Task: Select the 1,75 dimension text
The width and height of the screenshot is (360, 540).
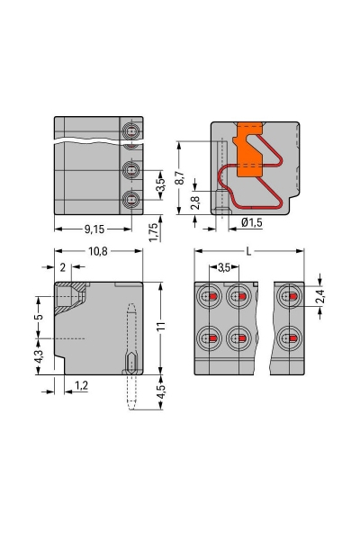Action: tap(154, 231)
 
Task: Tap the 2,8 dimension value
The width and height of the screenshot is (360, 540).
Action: tap(196, 202)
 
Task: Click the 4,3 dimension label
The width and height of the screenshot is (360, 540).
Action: tap(38, 357)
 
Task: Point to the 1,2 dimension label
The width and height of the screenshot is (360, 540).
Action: tap(82, 385)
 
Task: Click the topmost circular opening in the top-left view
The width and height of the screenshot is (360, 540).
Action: tap(132, 132)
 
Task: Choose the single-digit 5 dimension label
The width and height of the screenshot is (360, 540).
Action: tap(38, 317)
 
